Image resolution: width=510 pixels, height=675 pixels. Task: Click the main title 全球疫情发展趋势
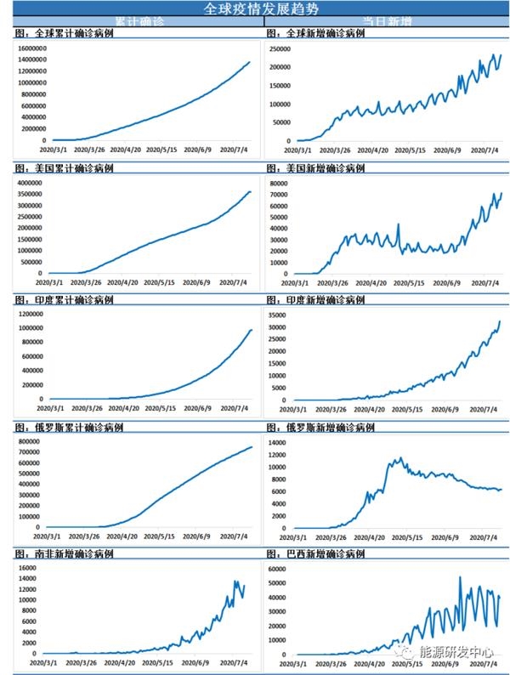pyautogui.click(x=255, y=9)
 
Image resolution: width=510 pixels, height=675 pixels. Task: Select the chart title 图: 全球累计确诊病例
pyautogui.click(x=65, y=34)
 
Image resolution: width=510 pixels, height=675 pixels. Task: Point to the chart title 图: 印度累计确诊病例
pyautogui.click(x=65, y=300)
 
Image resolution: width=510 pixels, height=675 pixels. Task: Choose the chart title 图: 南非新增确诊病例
pyautogui.click(x=65, y=553)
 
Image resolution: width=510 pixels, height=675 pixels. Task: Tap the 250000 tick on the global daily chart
pyautogui.click(x=280, y=49)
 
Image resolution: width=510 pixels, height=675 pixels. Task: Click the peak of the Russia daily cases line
pyautogui.click(x=399, y=458)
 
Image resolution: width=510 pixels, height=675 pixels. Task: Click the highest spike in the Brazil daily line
pyautogui.click(x=460, y=577)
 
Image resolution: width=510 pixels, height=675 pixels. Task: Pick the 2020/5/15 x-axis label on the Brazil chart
pyautogui.click(x=411, y=666)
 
